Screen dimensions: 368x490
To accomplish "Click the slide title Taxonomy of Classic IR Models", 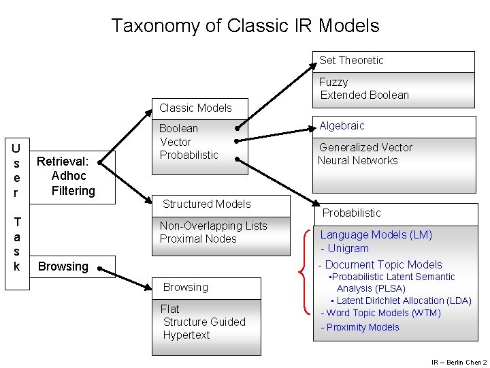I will click(245, 26).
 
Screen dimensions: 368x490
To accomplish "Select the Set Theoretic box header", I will click(351, 61).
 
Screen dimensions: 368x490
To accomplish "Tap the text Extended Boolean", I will click(364, 95).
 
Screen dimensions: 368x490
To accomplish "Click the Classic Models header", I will click(195, 108).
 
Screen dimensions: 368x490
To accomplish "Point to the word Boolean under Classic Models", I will click(178, 128).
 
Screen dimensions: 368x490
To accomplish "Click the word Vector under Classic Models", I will click(175, 142).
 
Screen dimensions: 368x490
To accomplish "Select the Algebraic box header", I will click(342, 126).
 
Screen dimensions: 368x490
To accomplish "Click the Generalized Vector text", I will click(365, 147).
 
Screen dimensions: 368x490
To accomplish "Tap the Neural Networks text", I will click(358, 161).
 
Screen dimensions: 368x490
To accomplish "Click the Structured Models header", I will click(206, 204).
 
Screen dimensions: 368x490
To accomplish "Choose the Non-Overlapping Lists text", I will click(213, 226).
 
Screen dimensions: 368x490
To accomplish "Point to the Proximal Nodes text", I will click(198, 239).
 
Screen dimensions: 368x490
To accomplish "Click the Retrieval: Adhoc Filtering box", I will click(66, 176).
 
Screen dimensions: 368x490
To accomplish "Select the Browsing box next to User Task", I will click(63, 266).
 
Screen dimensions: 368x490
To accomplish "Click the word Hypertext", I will click(186, 335).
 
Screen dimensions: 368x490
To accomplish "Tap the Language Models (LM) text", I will click(376, 235).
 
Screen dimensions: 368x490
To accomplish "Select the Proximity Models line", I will click(360, 328).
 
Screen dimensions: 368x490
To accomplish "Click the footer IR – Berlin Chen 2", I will click(459, 362).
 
